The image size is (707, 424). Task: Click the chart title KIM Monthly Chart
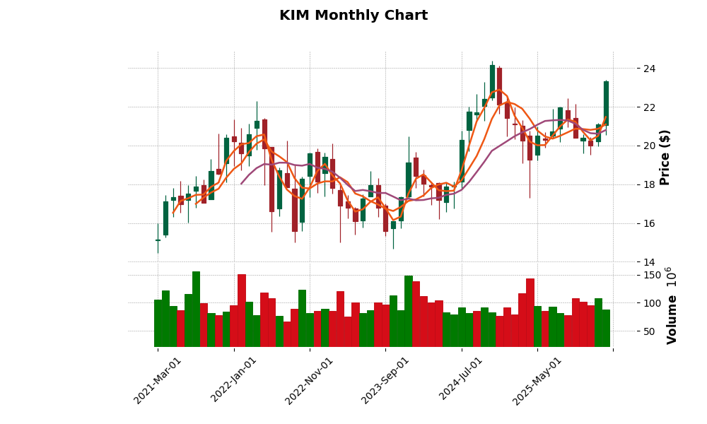click(x=353, y=16)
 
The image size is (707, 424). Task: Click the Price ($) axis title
click(x=665, y=157)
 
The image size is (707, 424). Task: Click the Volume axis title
click(x=672, y=305)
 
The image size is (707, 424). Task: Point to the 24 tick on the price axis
click(x=649, y=69)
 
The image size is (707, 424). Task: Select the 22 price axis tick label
click(x=649, y=107)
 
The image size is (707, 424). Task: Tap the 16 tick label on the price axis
click(x=649, y=223)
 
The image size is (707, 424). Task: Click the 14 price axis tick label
click(x=649, y=262)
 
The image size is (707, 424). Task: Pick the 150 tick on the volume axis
click(x=653, y=275)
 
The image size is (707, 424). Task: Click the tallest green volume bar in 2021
click(x=196, y=309)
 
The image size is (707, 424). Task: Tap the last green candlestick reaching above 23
click(x=606, y=103)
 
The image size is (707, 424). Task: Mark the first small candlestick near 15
click(x=158, y=240)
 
